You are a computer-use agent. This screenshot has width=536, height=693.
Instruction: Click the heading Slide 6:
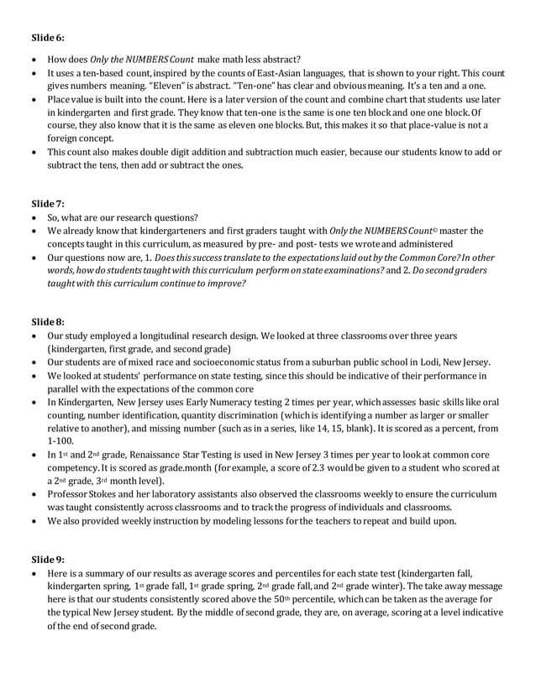tap(47, 38)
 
